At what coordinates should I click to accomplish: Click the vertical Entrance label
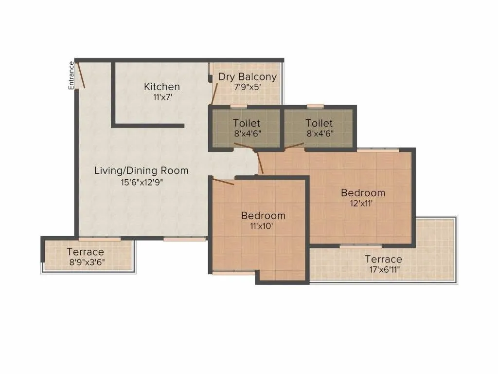[71, 75]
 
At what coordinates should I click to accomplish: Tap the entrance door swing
[81, 75]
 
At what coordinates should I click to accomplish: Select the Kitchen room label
[162, 87]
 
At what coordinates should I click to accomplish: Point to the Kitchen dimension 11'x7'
[162, 97]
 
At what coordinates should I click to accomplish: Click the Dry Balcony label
[247, 77]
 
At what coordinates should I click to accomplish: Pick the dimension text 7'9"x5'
[247, 87]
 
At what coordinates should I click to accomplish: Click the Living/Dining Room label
[141, 171]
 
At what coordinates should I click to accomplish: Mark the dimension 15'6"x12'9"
[141, 183]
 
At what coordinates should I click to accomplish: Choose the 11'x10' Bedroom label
[263, 215]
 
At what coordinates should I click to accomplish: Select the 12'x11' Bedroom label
[363, 193]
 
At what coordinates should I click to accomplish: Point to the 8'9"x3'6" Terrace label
[85, 252]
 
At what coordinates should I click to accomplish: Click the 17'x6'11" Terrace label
[383, 259]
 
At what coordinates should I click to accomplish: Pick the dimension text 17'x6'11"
[383, 270]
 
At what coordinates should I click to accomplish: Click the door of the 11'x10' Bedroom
[223, 182]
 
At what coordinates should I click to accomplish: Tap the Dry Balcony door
[214, 93]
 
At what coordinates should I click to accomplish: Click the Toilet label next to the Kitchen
[247, 123]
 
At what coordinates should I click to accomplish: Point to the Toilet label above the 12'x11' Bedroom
[319, 123]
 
